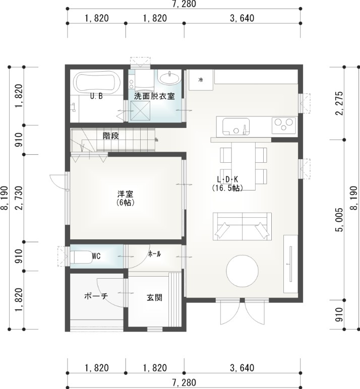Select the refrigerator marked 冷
click(201, 80)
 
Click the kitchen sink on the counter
click(235, 125)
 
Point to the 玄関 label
click(154, 297)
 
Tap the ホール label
click(154, 254)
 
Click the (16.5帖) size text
click(227, 188)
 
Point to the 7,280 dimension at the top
click(184, 4)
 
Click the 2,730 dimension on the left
click(19, 198)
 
